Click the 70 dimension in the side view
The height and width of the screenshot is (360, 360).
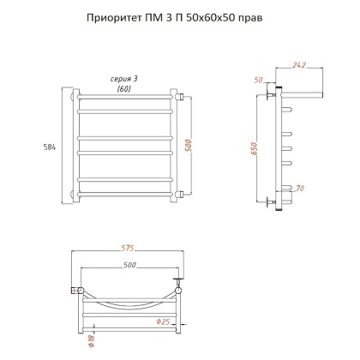[x=299, y=188]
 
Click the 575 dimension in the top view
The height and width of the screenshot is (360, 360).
[x=128, y=249]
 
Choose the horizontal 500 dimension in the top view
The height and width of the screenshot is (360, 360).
[x=128, y=267]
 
